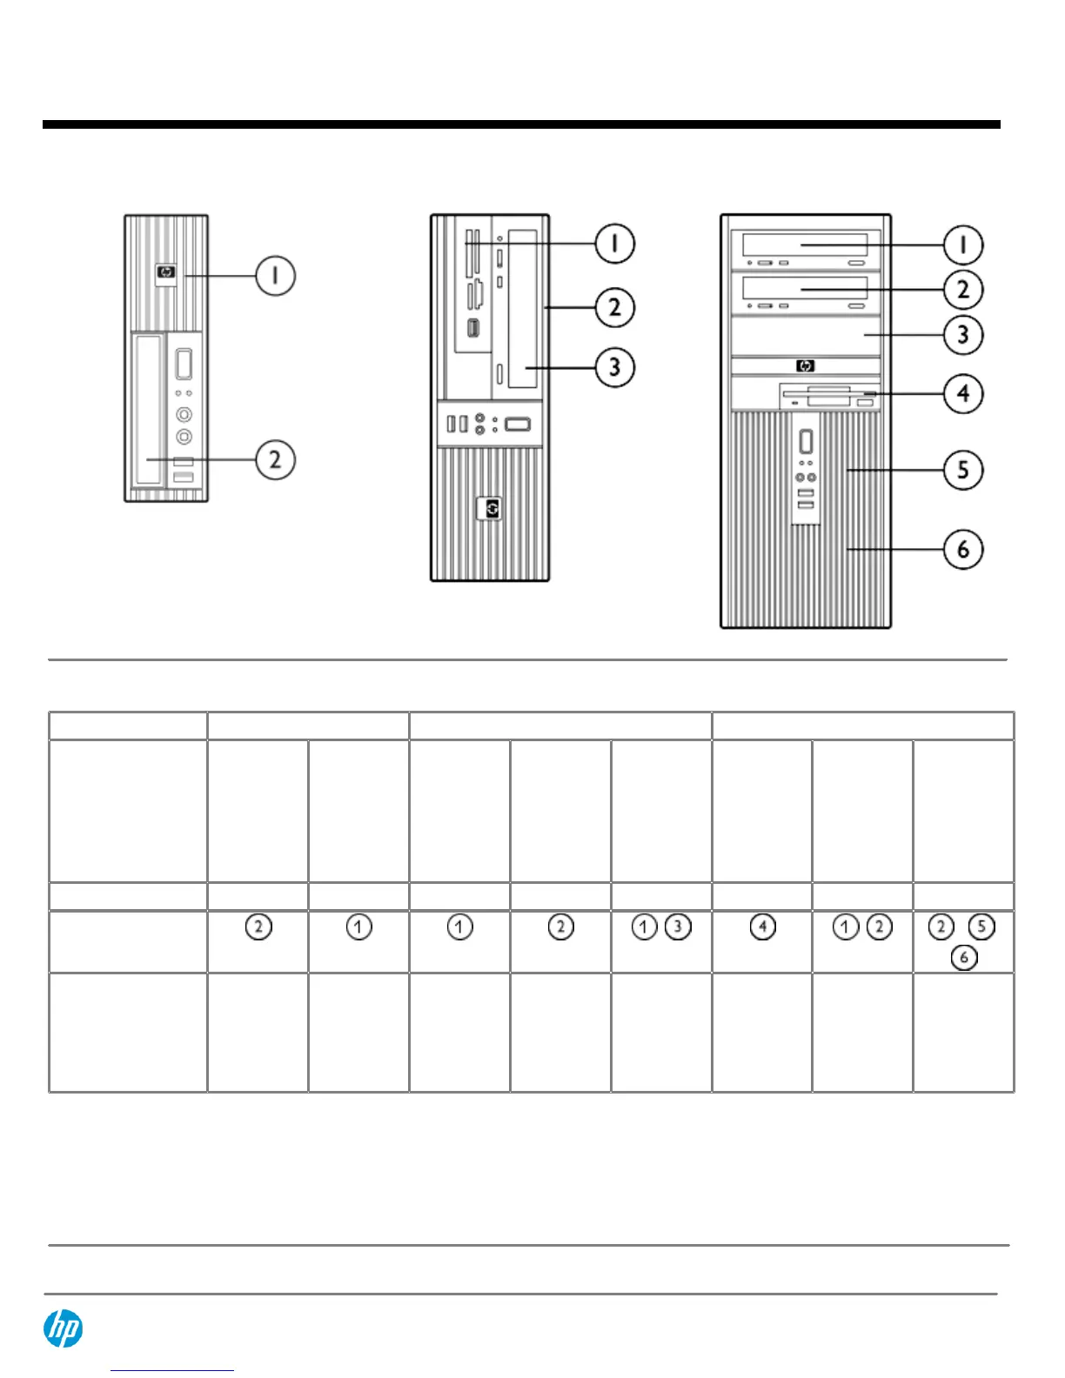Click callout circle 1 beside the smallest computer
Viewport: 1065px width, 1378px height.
[275, 276]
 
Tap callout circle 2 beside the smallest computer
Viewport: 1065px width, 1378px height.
[275, 459]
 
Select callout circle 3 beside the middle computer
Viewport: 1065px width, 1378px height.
[614, 367]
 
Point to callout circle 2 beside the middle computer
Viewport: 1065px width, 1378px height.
[614, 307]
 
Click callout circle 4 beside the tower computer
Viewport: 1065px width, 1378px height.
[963, 393]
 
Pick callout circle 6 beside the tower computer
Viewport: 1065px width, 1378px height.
[963, 549]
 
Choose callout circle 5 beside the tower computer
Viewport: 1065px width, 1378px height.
[963, 470]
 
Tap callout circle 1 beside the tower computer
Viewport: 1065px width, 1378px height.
[963, 245]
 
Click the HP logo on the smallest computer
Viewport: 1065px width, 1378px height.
[166, 273]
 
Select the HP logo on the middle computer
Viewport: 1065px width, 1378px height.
[493, 509]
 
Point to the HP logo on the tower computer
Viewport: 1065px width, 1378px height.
[805, 366]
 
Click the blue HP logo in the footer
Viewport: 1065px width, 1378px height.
[64, 1329]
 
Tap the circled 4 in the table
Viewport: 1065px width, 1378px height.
[762, 927]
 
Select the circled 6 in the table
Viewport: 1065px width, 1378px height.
[963, 958]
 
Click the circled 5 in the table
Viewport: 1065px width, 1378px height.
[981, 927]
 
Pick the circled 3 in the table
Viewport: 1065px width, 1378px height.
[678, 927]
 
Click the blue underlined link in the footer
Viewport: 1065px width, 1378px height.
[172, 1370]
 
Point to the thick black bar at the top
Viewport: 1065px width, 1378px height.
[522, 124]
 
